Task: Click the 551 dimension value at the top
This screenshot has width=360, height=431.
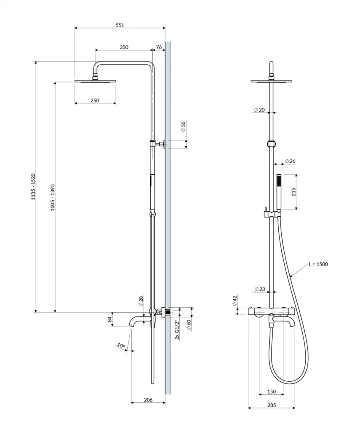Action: [120, 25]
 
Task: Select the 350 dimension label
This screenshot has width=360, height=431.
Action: [124, 47]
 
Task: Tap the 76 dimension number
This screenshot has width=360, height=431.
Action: [159, 47]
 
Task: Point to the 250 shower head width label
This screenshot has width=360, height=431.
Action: [95, 100]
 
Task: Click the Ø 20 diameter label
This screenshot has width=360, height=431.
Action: [259, 109]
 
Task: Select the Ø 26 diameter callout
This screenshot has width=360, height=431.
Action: [290, 161]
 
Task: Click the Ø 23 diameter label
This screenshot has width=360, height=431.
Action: [259, 289]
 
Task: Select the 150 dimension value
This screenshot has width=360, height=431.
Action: [272, 391]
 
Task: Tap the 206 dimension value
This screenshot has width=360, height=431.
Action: [148, 400]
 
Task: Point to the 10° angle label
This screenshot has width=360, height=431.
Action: [122, 346]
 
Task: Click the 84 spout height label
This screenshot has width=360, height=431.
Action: [110, 319]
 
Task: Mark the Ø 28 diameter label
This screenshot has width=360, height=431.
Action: [141, 301]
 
